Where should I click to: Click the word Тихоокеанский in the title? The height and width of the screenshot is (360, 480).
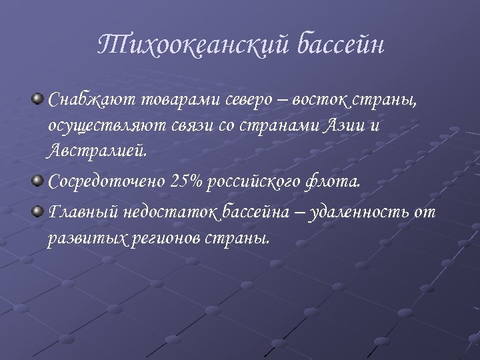coord(193,45)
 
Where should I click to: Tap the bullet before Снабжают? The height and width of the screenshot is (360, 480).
coord(39,99)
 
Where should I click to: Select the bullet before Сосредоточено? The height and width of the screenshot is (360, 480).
coord(39,179)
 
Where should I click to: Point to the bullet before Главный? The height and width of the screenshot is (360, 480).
coord(39,211)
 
